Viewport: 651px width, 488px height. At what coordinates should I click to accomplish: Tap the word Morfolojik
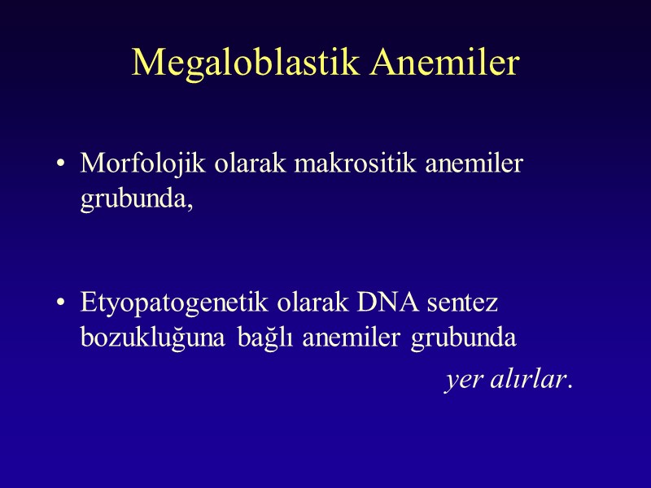144,163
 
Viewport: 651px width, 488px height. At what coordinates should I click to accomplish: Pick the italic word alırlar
526,380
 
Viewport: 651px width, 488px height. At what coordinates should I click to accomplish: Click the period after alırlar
570,386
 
